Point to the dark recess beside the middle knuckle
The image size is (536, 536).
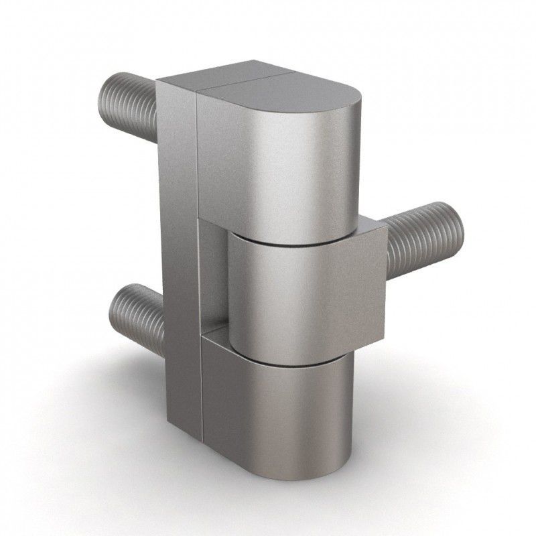click(213, 281)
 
